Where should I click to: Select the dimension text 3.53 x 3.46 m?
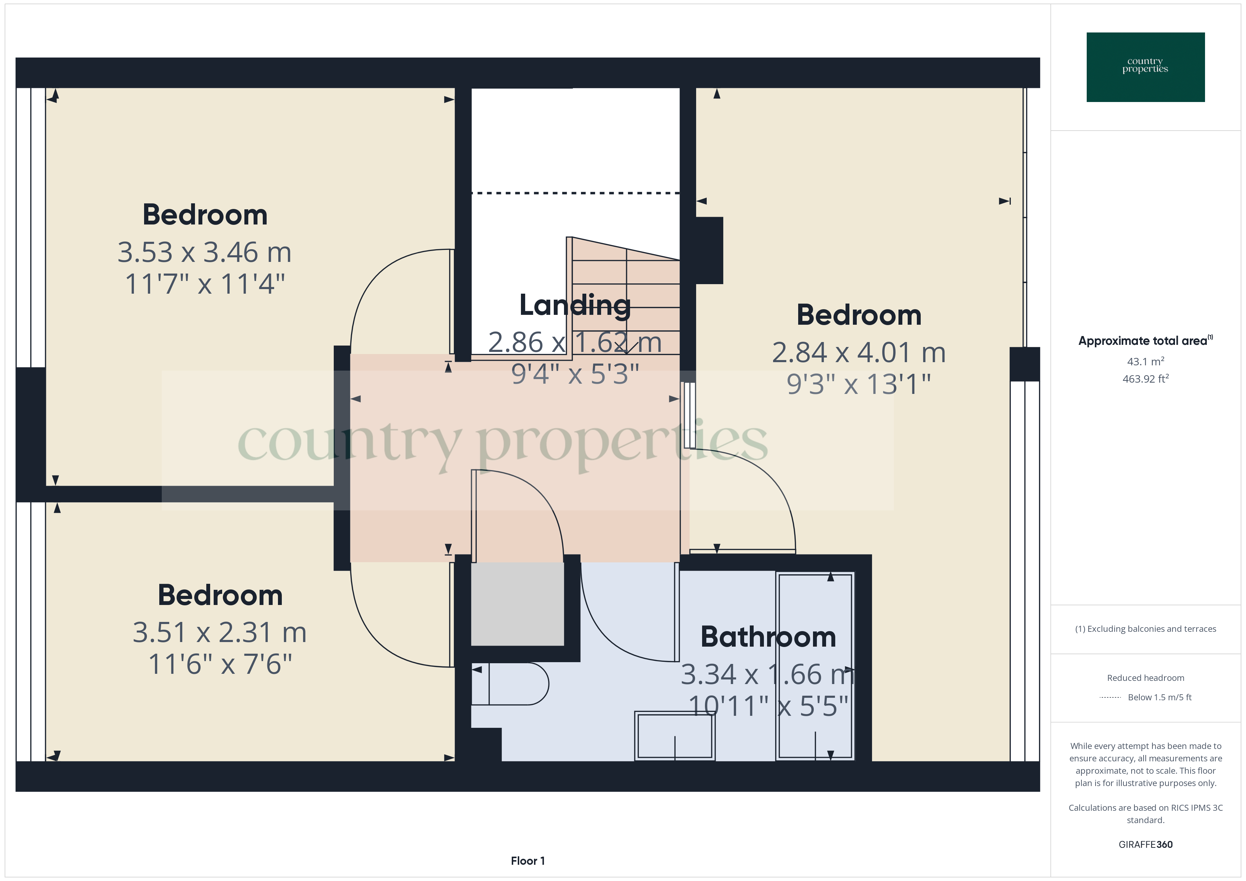[x=204, y=253]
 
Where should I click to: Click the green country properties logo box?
[x=1145, y=67]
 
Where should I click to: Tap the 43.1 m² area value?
[x=1145, y=361]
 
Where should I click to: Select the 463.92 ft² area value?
[x=1145, y=379]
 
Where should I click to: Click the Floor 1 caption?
[x=528, y=861]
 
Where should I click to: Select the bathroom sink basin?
[x=675, y=737]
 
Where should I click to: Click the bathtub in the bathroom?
[x=814, y=666]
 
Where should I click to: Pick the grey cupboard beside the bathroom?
[x=517, y=604]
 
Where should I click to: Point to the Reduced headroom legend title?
[x=1145, y=678]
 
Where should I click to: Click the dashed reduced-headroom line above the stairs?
[x=575, y=193]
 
